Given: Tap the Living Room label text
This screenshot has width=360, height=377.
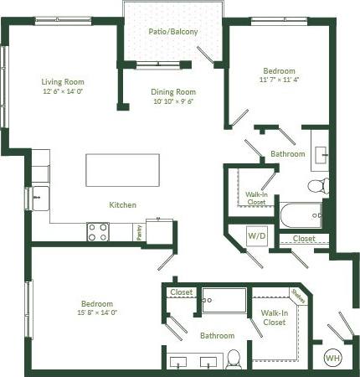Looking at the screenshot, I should point(62,81).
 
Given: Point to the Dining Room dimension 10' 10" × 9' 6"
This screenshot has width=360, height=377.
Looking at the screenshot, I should point(173,101).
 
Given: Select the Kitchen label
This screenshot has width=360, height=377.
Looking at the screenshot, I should point(122,204).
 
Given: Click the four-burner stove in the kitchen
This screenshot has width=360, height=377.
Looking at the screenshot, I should point(98,231).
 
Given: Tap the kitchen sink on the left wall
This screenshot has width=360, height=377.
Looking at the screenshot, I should point(39,199).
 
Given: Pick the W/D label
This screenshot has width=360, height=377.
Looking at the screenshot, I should point(256,235).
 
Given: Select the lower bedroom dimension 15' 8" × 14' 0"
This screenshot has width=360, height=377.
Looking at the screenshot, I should point(97,312).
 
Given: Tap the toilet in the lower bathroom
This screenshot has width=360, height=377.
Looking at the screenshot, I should point(234,358).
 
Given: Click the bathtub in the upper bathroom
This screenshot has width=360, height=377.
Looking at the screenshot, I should point(301,215).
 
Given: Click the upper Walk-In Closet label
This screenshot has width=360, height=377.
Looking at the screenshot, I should point(256,199).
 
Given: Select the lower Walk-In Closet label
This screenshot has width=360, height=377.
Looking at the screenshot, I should point(275,318).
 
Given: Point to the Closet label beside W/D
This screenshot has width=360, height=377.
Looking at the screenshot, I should point(304,239).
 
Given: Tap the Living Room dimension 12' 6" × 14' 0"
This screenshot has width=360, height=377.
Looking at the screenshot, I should point(62,91).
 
